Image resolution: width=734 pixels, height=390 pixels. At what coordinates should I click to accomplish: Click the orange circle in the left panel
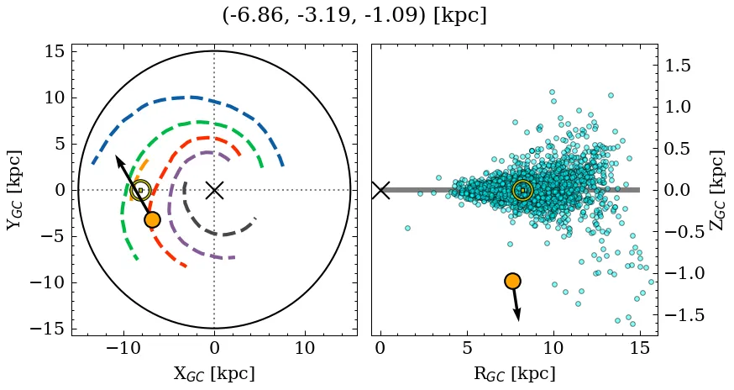pos(152,219)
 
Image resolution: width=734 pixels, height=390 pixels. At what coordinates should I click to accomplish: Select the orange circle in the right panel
pos(512,281)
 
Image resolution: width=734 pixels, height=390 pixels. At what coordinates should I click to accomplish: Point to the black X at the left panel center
pos(214,190)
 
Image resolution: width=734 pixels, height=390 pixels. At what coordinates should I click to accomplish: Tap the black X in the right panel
pos(380,190)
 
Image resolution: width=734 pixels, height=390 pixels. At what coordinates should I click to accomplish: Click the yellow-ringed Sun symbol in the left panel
pos(141,191)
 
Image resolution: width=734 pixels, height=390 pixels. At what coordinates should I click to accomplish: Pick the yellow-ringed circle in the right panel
pos(522,191)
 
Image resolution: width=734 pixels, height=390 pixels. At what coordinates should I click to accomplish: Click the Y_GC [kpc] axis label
pos(14,190)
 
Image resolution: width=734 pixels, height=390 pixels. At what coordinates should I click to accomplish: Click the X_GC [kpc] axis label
pos(213,373)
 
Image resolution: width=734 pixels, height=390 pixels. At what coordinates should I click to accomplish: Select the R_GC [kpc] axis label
pos(514,373)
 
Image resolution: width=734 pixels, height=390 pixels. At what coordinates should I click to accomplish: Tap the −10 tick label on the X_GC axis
pos(124,348)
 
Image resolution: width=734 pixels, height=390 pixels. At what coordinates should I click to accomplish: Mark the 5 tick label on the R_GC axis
pos(467,348)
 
